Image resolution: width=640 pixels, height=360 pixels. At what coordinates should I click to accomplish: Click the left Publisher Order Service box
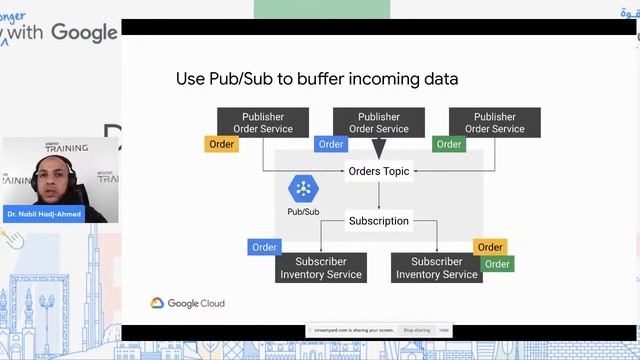pos(263,122)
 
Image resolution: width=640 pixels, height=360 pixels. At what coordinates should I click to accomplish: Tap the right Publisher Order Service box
pos(494,122)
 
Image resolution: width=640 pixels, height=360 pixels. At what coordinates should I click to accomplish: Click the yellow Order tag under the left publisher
pos(222,144)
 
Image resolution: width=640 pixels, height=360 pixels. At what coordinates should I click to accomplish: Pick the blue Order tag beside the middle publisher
pos(331,144)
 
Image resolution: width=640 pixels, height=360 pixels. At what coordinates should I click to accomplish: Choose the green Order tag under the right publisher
pos(449,144)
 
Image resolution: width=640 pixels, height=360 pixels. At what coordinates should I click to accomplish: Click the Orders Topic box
pos(378,171)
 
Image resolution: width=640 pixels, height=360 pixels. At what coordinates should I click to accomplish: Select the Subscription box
pos(378,220)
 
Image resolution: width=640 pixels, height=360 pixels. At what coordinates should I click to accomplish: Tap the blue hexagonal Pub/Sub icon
pos(303,188)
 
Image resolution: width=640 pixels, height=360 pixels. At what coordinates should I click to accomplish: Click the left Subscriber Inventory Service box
pos(322,267)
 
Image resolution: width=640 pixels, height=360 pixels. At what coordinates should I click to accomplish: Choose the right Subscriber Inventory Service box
pos(437,267)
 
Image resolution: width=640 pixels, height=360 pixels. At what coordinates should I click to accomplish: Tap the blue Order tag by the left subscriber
pos(265,247)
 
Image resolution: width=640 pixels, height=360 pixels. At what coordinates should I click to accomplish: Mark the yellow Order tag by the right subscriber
pos(490,247)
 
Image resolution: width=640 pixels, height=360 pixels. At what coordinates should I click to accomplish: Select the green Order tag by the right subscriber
pos(497,264)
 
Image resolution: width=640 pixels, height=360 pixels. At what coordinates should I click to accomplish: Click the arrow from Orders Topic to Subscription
pos(378,196)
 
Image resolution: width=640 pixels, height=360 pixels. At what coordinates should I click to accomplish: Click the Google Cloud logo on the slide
pos(188,303)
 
